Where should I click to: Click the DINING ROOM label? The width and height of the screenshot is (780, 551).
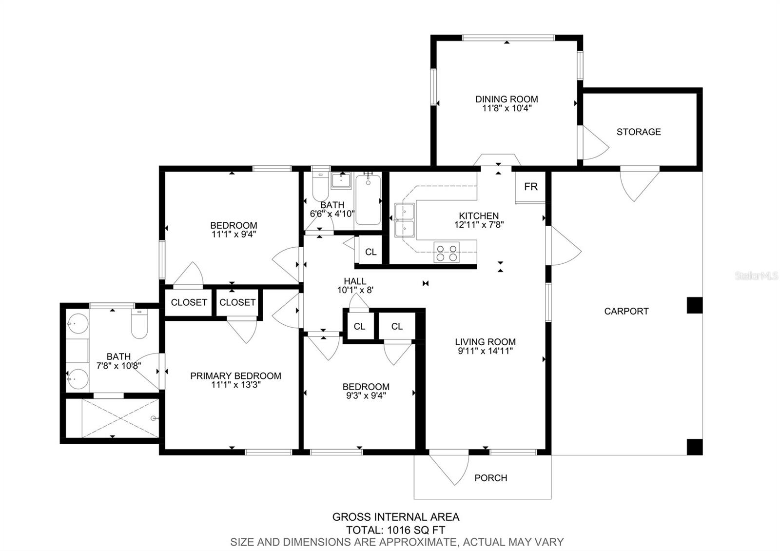pyautogui.click(x=507, y=99)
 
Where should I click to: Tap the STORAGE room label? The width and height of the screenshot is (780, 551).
pyautogui.click(x=639, y=132)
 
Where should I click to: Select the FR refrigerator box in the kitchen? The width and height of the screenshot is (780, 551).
pyautogui.click(x=531, y=187)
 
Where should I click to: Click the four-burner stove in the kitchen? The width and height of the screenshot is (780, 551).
pyautogui.click(x=447, y=252)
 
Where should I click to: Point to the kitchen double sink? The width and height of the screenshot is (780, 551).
pyautogui.click(x=405, y=220)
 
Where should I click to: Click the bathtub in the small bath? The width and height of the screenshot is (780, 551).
pyautogui.click(x=368, y=200)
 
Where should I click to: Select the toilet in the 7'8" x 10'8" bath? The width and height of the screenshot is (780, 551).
pyautogui.click(x=139, y=324)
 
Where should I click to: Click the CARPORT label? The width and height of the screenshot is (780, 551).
pyautogui.click(x=626, y=311)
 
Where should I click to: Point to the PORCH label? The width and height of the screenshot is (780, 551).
pyautogui.click(x=490, y=478)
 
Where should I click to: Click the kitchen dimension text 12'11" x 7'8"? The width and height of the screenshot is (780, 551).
pyautogui.click(x=479, y=225)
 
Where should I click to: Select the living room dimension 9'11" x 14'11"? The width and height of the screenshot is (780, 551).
pyautogui.click(x=486, y=351)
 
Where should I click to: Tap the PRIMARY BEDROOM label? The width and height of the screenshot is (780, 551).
pyautogui.click(x=236, y=376)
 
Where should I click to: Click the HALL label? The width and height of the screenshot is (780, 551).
pyautogui.click(x=355, y=281)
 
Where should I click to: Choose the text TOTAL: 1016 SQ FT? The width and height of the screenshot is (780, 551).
pyautogui.click(x=395, y=530)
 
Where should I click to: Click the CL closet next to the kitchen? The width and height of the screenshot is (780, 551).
pyautogui.click(x=371, y=252)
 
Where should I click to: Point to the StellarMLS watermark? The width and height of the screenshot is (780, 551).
pyautogui.click(x=756, y=276)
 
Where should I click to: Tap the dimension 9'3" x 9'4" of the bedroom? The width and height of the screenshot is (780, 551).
pyautogui.click(x=366, y=395)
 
